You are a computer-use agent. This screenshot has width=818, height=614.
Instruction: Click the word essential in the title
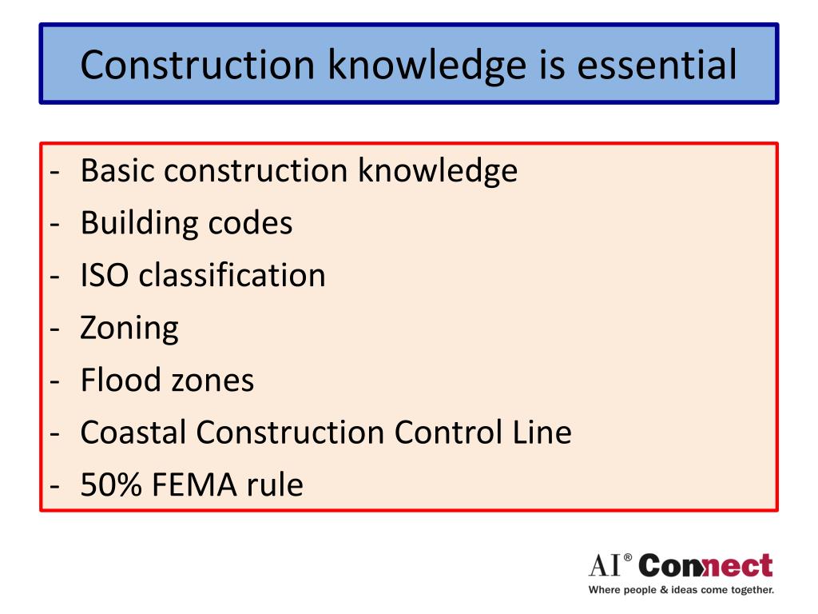pyautogui.click(x=658, y=65)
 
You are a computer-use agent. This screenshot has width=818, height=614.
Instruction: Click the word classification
pyautogui.click(x=232, y=276)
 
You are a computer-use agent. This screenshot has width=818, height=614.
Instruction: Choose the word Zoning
pyautogui.click(x=129, y=328)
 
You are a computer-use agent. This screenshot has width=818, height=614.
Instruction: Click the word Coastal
pyautogui.click(x=133, y=433)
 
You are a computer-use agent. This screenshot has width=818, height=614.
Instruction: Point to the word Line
pyautogui.click(x=542, y=433)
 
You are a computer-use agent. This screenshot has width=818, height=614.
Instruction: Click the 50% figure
pyautogui.click(x=108, y=485)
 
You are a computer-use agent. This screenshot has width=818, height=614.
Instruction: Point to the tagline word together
pyautogui.click(x=749, y=591)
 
